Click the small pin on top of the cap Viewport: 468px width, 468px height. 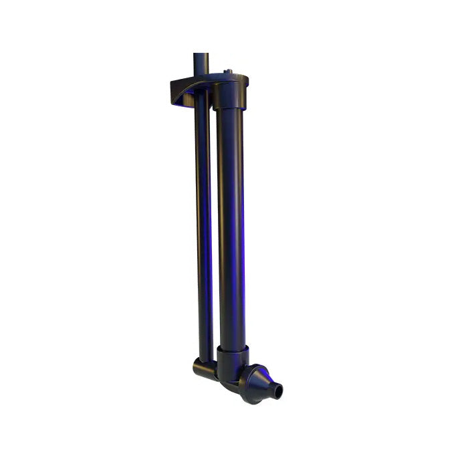point(229,70)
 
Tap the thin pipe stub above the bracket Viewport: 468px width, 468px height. point(201,64)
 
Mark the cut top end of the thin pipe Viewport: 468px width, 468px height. point(201,54)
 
